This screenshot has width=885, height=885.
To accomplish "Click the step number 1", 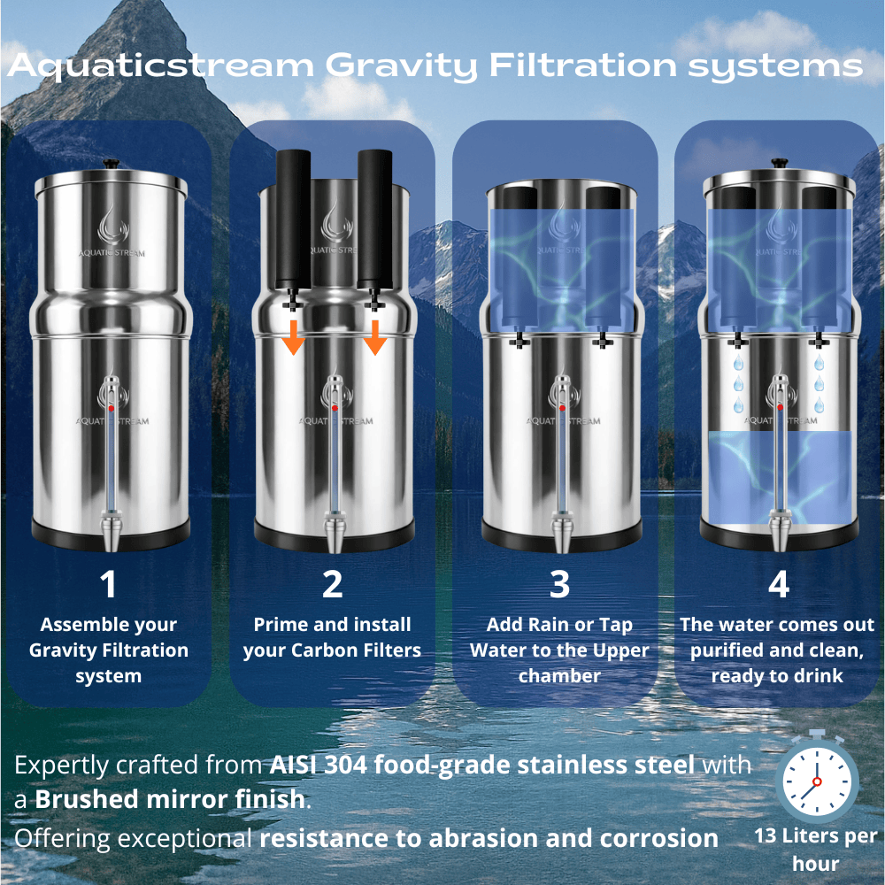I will coord(108,585).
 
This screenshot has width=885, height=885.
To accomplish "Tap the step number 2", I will coord(332,585).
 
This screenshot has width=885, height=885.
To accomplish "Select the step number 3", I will coord(558,585).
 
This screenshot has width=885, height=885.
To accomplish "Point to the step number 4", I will coord(778,585).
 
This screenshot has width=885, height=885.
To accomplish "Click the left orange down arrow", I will coord(294,337).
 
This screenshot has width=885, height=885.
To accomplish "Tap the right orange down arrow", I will coord(375,337).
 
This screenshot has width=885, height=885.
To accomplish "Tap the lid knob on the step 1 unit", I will coord(111,163).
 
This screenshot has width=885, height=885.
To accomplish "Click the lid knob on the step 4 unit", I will coord(779,163).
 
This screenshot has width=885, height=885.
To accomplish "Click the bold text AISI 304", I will coord(318,765).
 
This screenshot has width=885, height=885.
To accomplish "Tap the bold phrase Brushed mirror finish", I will coord(169,800).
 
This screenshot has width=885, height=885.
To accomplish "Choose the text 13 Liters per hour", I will coord(815,849).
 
